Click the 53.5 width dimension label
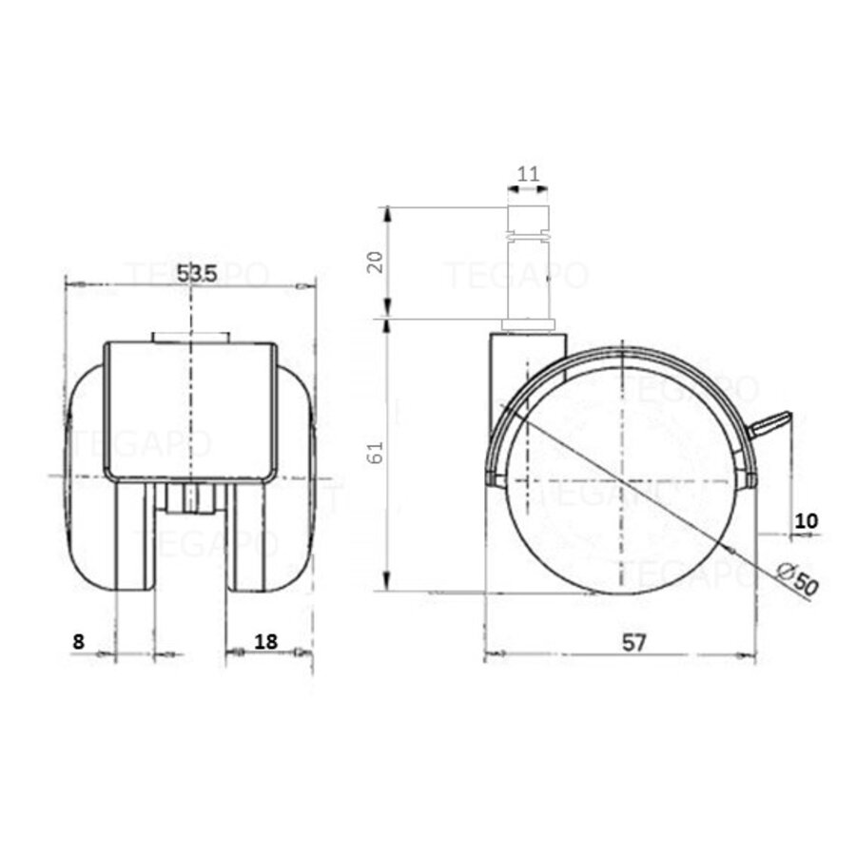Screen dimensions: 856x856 point(197,273)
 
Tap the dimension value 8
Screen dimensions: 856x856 point(79,641)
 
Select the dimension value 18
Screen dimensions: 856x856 point(266,641)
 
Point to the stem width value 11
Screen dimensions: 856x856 point(529,174)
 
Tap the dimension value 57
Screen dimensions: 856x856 point(634,642)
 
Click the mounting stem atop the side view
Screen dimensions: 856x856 point(529,266)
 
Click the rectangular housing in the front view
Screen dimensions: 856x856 point(190,409)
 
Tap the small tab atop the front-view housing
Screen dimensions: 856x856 point(190,337)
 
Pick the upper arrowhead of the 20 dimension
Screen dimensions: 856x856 point(386,213)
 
